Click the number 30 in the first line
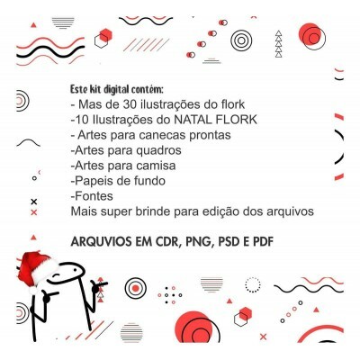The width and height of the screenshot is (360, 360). click(130, 104)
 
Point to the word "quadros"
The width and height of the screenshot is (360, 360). click(158, 150)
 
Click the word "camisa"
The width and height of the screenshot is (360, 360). click(156, 166)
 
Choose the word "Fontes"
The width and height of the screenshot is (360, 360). click(94, 196)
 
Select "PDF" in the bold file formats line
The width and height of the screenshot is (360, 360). click(264, 242)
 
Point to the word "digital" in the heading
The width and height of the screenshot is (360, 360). click(116, 89)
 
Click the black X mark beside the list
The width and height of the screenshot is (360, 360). click(34, 202)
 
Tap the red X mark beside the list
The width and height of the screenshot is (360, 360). click(34, 212)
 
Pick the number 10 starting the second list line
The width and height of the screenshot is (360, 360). click(82, 120)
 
